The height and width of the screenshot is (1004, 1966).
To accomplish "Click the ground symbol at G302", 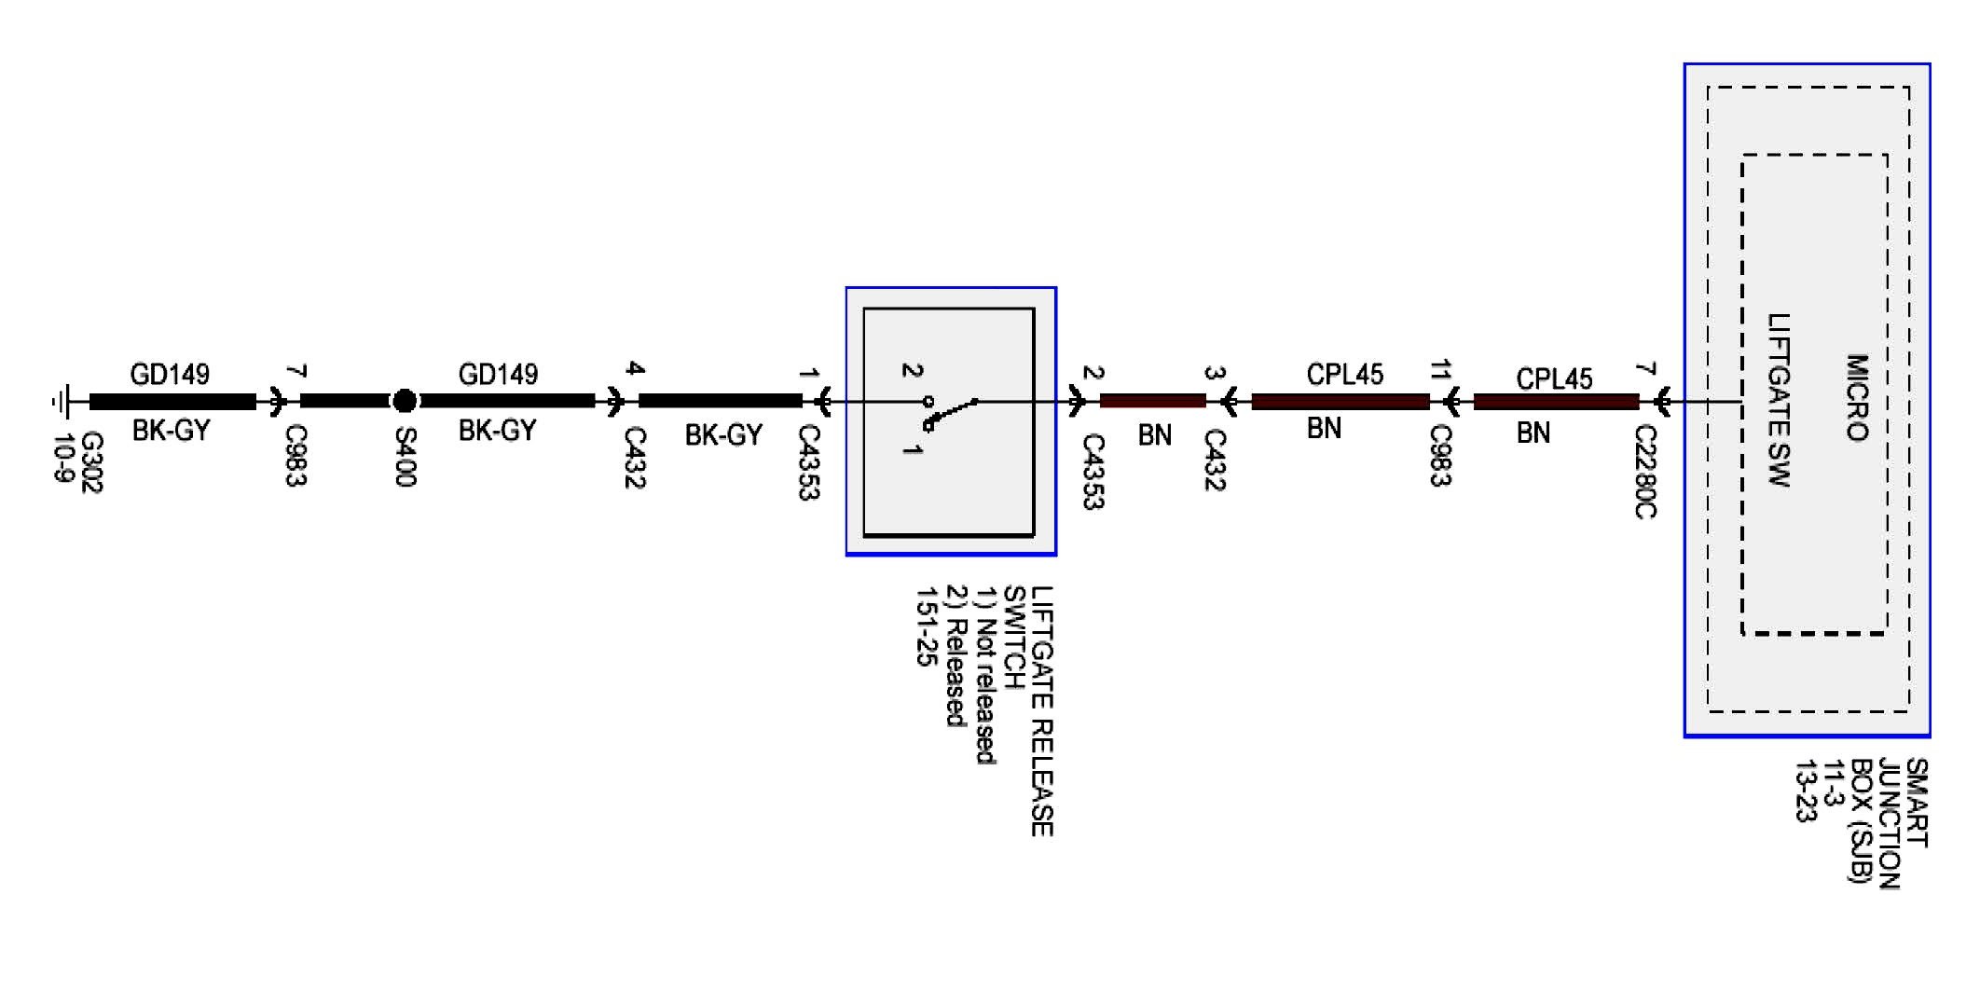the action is [x=61, y=402].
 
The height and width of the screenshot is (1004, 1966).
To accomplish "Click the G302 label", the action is [x=91, y=461].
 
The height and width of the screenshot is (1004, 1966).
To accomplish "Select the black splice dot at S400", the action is [x=404, y=401].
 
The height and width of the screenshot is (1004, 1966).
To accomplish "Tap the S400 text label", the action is [x=404, y=456].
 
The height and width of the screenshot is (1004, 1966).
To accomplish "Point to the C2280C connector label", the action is [x=1645, y=471].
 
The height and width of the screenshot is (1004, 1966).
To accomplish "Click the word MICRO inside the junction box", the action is [x=1857, y=397].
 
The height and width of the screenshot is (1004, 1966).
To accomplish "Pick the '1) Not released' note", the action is [x=984, y=675].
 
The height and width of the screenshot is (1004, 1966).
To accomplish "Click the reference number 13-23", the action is [x=1806, y=791].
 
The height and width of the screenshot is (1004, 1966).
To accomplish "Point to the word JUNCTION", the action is [x=1889, y=823].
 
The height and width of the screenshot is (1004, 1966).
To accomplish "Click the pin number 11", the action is [x=1440, y=371].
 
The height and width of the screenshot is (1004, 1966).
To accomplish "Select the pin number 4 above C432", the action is [x=635, y=368].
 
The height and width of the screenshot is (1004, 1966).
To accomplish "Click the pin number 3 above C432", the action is [x=1214, y=373].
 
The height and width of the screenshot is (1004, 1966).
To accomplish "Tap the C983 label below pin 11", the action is [x=1440, y=455].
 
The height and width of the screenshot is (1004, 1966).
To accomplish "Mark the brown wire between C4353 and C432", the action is [x=1152, y=402].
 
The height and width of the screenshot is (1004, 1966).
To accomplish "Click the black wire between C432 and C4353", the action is [x=720, y=401].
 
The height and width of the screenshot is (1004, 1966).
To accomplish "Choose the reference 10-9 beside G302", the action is [x=62, y=459].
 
